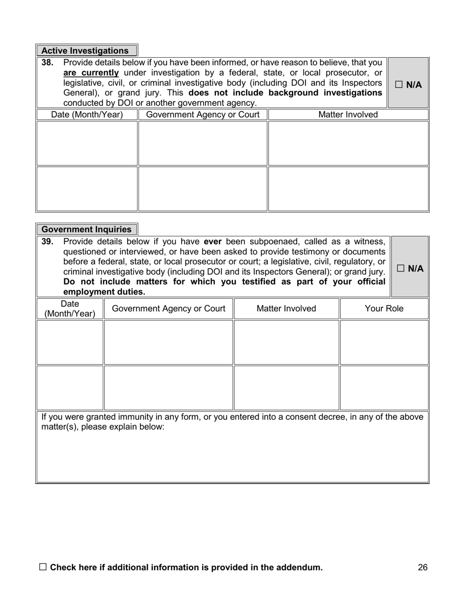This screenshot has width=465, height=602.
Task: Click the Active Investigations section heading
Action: click(85, 51)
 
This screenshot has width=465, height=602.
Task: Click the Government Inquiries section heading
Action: click(87, 230)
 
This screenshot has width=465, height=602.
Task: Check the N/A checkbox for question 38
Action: click(399, 85)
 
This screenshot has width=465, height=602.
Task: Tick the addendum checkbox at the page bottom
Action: click(43, 567)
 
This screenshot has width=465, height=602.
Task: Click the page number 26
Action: click(423, 568)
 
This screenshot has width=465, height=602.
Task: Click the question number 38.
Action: click(47, 63)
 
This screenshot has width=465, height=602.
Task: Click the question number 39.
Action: click(47, 241)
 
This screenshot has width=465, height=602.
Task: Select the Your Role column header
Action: click(384, 309)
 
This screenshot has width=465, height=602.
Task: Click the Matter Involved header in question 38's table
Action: click(348, 115)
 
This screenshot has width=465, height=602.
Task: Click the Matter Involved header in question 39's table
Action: click(286, 309)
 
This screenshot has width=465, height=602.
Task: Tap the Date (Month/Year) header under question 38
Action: click(87, 115)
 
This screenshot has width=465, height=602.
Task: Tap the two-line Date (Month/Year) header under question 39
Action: click(70, 309)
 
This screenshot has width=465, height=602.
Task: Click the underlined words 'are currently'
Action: click(91, 73)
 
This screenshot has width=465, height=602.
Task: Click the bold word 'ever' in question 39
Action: click(213, 241)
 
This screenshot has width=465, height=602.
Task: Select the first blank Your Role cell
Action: click(384, 342)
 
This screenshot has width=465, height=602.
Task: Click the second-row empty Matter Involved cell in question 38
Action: click(348, 189)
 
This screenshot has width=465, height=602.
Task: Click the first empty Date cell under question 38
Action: click(87, 143)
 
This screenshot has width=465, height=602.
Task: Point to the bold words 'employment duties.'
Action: click(104, 292)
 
